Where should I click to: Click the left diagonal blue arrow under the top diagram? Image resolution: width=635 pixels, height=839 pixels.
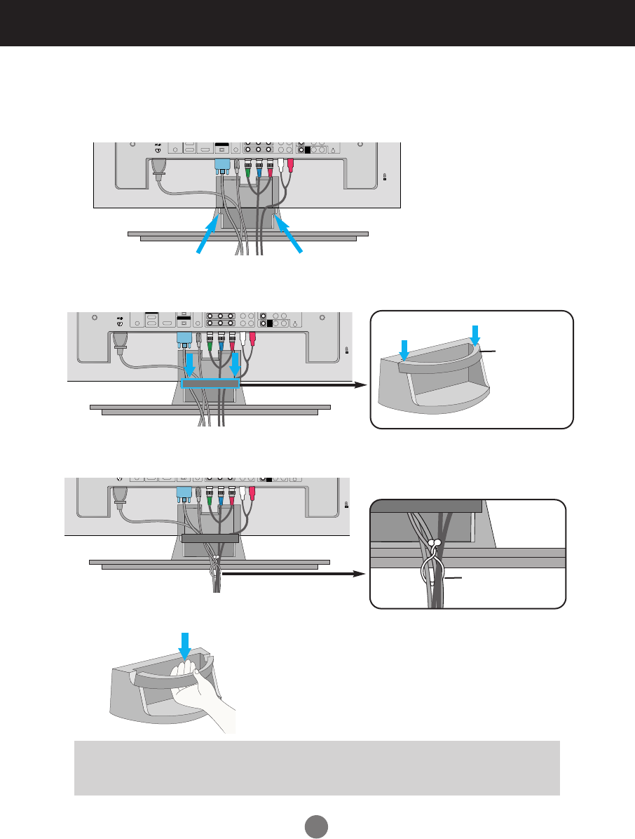point(210,235)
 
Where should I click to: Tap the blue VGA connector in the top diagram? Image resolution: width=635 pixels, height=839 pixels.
point(222,167)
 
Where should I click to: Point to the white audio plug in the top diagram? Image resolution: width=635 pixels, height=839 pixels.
point(281,166)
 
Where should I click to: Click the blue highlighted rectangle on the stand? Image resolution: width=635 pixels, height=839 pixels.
point(210,384)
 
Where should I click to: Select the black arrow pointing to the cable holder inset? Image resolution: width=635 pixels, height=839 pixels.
point(301,384)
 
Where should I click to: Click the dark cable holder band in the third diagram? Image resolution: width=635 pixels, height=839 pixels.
point(210,539)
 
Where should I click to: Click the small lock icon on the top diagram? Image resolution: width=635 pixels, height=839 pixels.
point(385,177)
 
